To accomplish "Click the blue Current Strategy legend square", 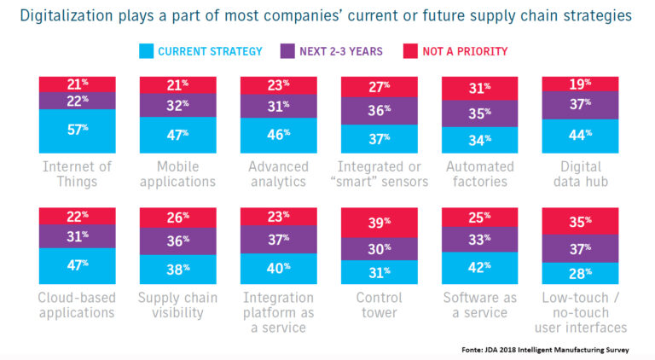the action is click(146, 51).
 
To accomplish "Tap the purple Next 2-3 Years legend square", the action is click(287, 51).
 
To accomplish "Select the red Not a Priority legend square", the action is click(410, 51).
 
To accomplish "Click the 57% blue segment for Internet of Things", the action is click(78, 131).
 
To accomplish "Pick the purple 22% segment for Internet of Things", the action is click(78, 101).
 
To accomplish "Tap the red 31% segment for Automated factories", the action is click(479, 89).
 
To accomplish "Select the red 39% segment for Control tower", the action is click(380, 223).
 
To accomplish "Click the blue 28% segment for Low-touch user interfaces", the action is click(580, 273).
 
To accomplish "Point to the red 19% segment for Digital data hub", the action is click(580, 84).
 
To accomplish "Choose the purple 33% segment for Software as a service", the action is click(479, 240).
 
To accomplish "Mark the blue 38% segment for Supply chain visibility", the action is click(178, 270).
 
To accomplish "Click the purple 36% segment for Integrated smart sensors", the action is click(380, 111).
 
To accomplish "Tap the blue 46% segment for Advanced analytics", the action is click(279, 136).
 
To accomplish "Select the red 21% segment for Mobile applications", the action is click(178, 84).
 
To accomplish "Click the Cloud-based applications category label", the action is click(77, 305).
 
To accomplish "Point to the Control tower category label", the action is click(380, 305).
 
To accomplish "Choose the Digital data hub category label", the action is click(581, 174).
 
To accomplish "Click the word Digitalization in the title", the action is click(67, 15).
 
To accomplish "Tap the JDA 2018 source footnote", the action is click(545, 350).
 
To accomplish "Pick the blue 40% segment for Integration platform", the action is click(279, 269).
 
